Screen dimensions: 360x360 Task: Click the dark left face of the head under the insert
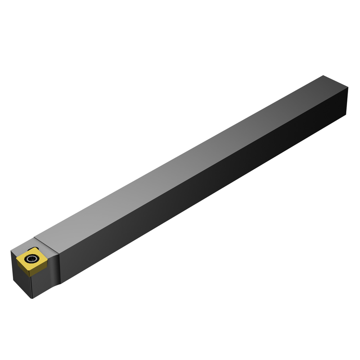22,281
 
